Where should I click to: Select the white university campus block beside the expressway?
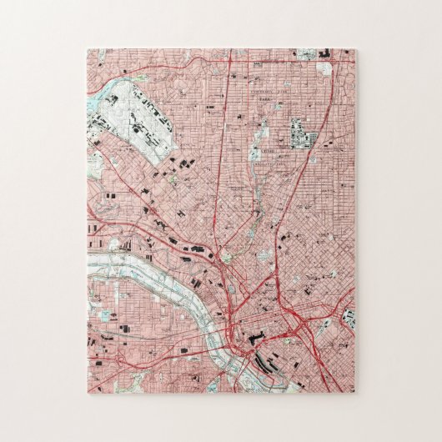pos(300,134)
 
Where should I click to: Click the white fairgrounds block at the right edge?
pos(349,318)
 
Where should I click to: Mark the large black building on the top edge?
pos(324,54)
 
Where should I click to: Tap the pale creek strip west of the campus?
pos(260,133)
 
